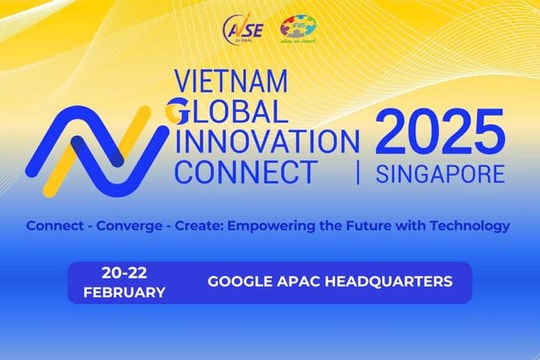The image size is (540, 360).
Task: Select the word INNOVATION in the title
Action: click(x=265, y=140)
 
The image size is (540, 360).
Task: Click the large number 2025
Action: click(x=439, y=131)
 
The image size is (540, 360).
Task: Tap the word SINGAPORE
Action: click(x=440, y=173)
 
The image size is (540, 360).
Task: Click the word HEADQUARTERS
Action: click(x=391, y=282)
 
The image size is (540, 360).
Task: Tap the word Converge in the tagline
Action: click(x=138, y=225)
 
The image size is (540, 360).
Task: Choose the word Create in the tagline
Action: click(x=200, y=225)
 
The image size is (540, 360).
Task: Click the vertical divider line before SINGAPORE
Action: click(x=358, y=173)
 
